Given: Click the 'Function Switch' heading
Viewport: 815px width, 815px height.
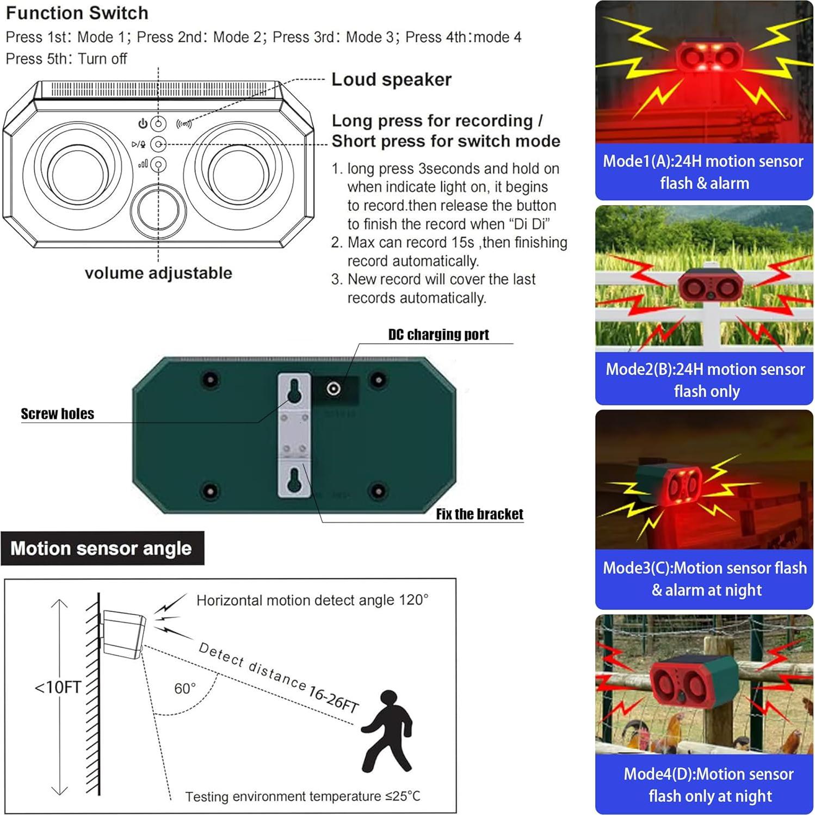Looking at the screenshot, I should coord(77,13).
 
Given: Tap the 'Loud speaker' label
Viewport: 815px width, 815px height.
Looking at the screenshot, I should coord(391,79).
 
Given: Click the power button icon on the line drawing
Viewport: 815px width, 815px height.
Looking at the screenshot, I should coord(158,124).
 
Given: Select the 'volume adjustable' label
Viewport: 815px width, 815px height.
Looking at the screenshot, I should coord(158,273).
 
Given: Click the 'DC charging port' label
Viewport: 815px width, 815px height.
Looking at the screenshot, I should coord(439,335).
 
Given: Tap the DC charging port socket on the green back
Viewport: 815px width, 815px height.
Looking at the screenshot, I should coord(334,388).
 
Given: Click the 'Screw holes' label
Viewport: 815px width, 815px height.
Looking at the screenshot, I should coord(57,414).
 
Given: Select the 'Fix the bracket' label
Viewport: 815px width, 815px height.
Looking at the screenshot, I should coord(479,514).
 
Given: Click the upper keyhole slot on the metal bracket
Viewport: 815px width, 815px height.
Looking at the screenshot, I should coord(294,391).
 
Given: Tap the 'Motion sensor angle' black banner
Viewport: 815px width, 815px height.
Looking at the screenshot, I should coord(102,548).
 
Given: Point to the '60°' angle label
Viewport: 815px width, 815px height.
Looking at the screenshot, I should coord(185,688).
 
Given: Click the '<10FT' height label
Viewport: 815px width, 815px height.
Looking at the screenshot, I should coord(58,687).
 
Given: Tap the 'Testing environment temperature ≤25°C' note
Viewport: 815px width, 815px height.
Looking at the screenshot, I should coord(302,797).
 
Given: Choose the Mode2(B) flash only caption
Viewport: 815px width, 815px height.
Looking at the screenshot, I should coord(705,380).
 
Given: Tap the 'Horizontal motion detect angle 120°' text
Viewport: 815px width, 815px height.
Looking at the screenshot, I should coord(312,600).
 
